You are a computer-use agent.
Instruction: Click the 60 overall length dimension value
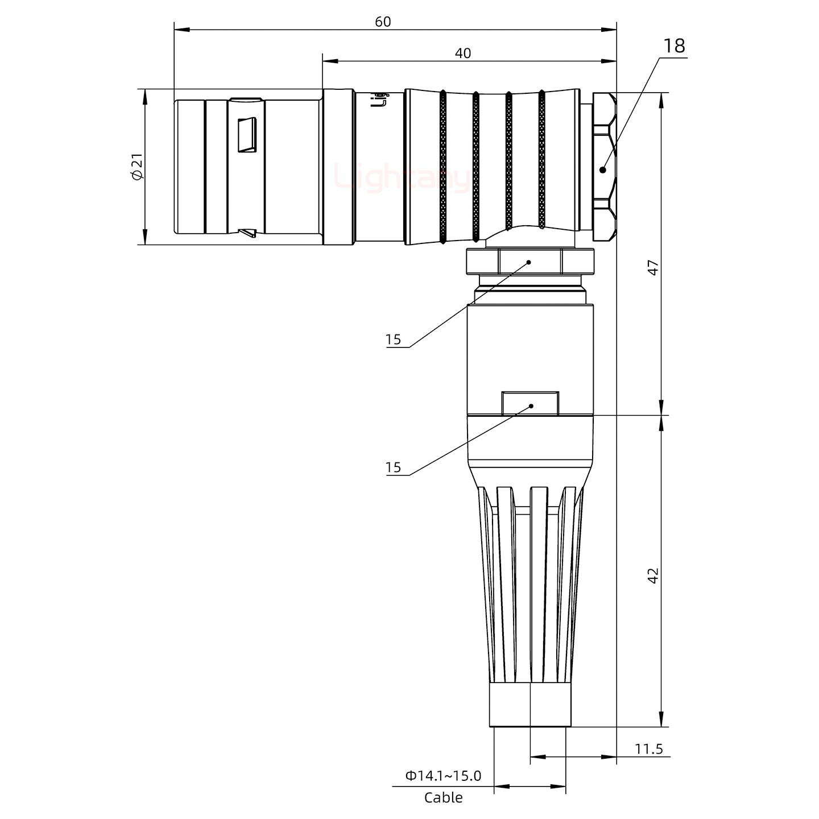click(383, 21)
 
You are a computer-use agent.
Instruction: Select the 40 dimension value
click(462, 53)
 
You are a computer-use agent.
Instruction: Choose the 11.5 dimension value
click(648, 748)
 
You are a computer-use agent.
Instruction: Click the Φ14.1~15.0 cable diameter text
click(443, 775)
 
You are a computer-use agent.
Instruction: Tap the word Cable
click(443, 797)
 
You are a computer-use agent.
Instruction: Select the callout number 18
click(674, 46)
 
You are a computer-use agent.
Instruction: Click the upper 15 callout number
click(393, 340)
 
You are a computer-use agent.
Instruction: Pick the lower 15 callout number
click(393, 468)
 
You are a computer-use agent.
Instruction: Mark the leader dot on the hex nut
click(603, 169)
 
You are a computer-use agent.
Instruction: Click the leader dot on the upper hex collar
click(529, 262)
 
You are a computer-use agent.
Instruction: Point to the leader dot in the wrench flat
click(531, 406)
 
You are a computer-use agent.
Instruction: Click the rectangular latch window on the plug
click(247, 135)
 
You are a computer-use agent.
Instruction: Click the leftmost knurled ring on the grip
click(443, 167)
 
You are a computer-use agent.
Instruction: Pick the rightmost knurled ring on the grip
click(542, 159)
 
